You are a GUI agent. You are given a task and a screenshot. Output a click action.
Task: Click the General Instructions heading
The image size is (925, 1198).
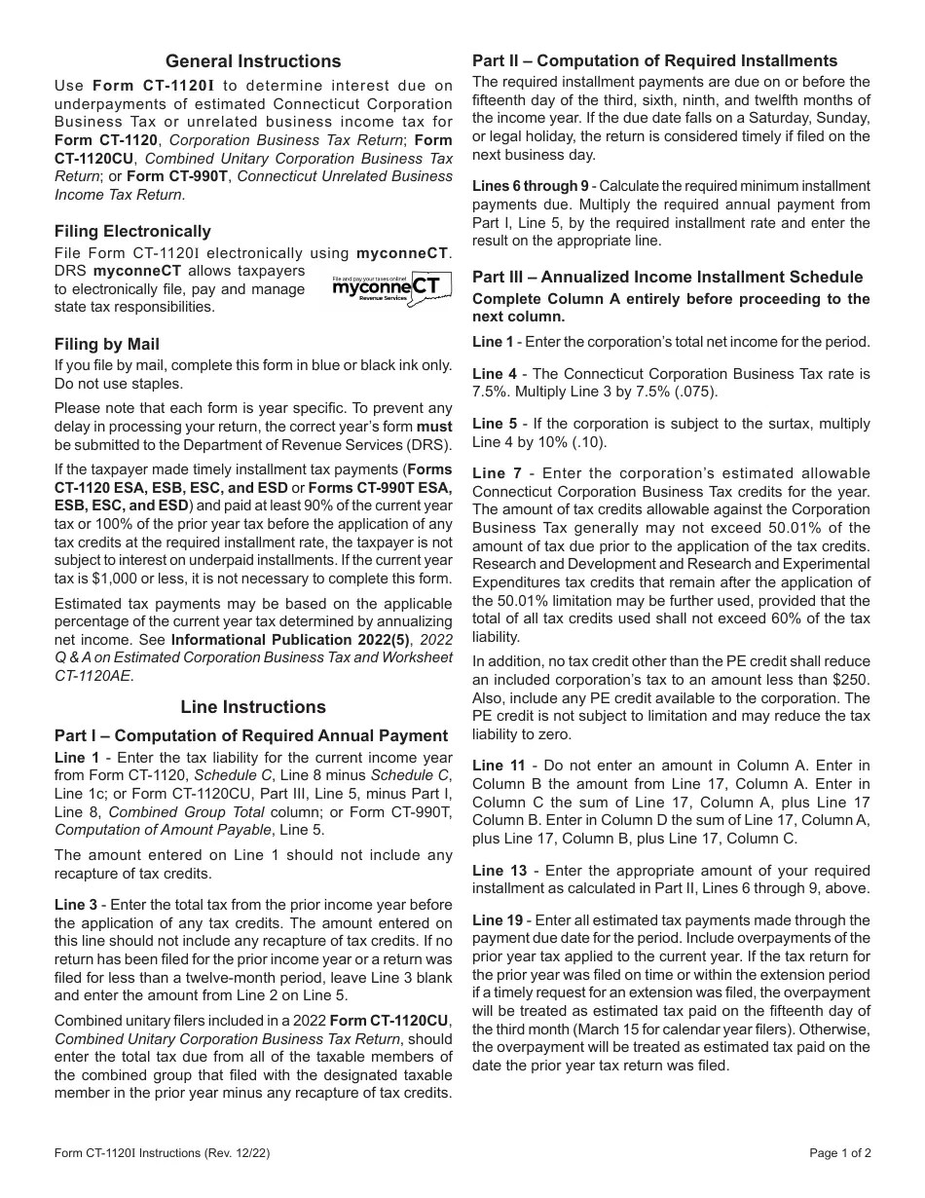(253, 61)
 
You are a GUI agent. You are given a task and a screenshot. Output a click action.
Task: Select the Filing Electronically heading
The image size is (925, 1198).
(132, 231)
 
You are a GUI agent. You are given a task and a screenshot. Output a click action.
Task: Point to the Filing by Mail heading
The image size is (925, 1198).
(107, 344)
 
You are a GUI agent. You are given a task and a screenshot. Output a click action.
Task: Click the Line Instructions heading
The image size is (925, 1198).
(253, 706)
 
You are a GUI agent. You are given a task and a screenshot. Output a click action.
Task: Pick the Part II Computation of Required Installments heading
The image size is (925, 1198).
(654, 60)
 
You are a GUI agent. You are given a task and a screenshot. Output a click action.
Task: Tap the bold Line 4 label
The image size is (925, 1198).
(494, 374)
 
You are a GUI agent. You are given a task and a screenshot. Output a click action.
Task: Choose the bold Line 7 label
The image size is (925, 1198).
(494, 473)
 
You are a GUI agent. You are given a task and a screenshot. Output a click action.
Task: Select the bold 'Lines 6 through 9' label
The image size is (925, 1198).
(530, 186)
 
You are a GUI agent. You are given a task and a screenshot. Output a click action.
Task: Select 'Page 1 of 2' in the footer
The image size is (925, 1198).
(840, 1153)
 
